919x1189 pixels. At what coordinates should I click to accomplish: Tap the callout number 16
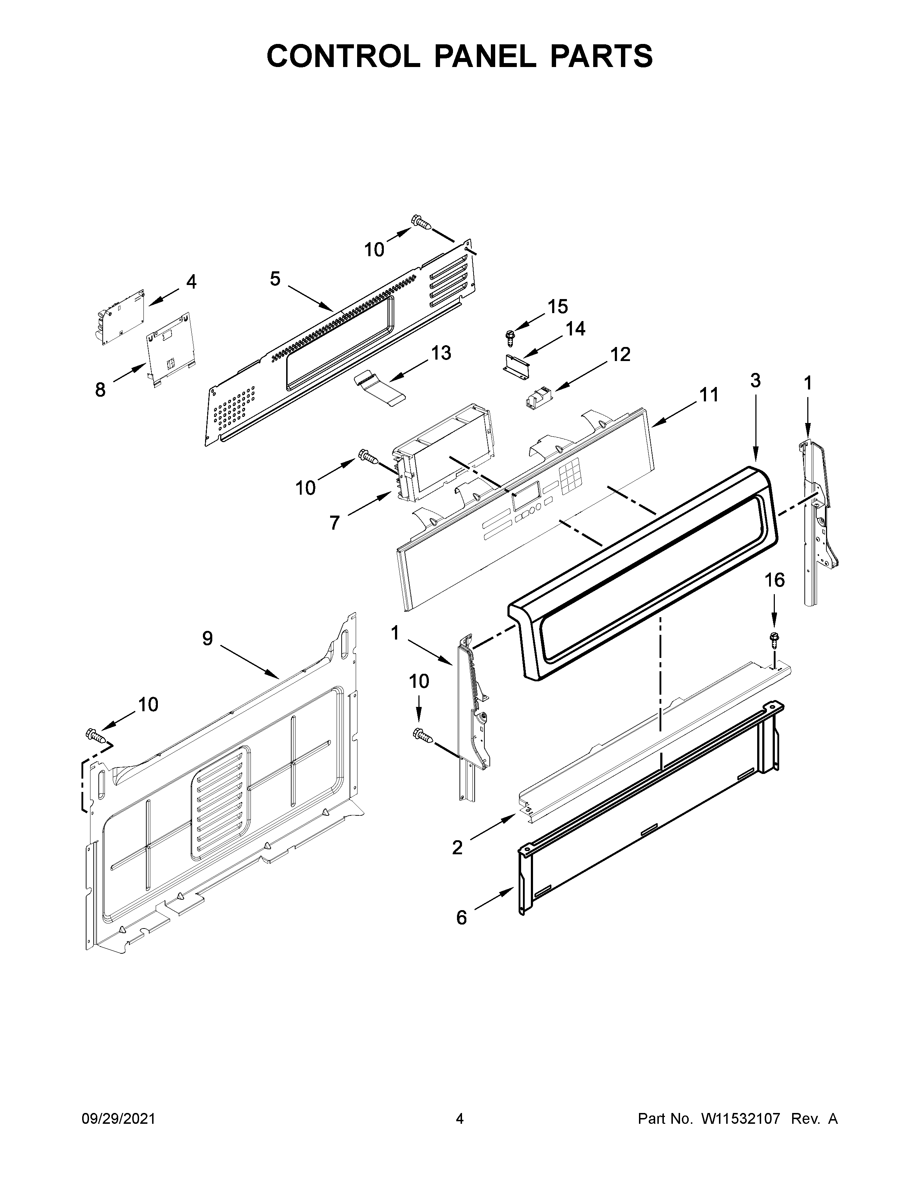click(775, 580)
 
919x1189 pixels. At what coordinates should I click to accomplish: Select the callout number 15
click(558, 307)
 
